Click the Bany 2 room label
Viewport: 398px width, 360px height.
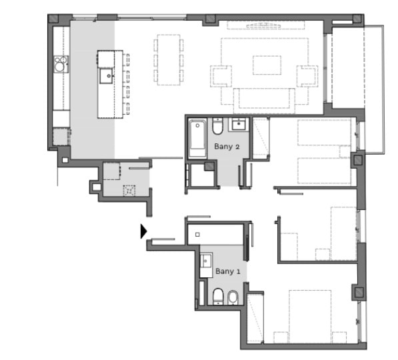227,147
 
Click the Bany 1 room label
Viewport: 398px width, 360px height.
228,271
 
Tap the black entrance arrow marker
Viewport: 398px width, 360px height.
143,231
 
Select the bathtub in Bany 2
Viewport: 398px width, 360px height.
197,139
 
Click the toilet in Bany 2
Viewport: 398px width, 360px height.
217,126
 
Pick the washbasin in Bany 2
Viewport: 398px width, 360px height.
238,125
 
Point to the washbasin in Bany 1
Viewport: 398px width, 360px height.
206,260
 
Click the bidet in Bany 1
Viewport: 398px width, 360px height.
233,297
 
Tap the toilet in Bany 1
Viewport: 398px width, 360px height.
218,296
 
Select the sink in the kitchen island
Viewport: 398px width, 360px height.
107,75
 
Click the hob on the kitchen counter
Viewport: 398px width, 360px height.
61,64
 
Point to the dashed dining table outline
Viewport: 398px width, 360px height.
169,60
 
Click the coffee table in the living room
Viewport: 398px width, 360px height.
267,65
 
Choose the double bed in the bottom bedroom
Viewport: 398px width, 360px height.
310,317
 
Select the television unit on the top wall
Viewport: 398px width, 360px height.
266,25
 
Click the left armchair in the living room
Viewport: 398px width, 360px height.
221,76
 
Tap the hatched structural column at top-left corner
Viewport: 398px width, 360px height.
53,19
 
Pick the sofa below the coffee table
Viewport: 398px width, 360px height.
264,101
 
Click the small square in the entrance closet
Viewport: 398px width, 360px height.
197,235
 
